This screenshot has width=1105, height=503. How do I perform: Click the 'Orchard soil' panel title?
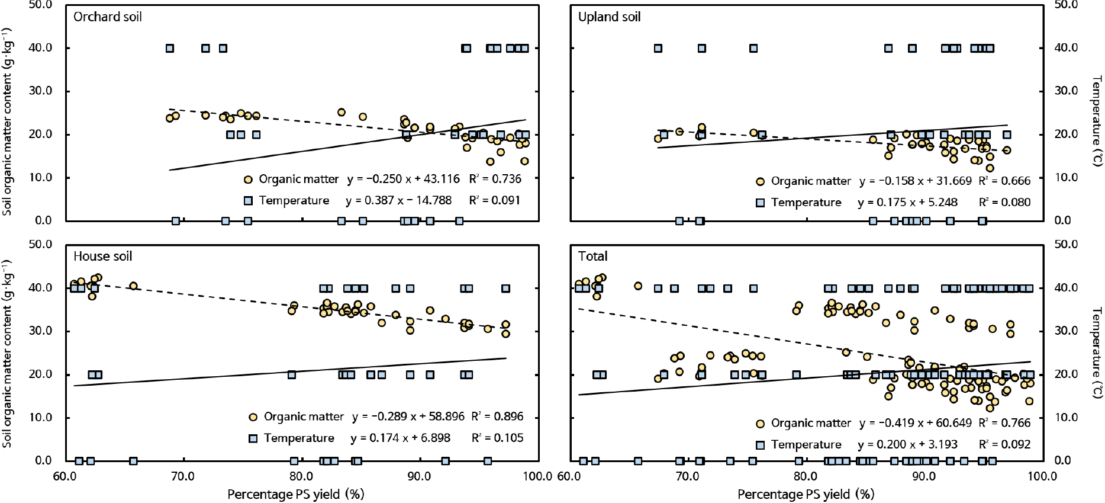pos(107,17)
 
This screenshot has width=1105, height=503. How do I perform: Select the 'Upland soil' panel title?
pos(609,17)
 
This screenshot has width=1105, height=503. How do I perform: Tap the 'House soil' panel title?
pos(102,256)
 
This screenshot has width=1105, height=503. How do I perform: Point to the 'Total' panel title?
pos(592,256)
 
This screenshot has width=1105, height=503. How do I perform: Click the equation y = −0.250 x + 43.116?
pos(400,179)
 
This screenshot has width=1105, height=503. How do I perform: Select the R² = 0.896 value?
pos(497,417)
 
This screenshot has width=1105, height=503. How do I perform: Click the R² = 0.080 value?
pos(1004,202)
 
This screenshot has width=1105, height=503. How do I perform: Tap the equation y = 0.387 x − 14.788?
pos(398,200)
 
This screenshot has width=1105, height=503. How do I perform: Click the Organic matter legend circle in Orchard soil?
pos(248,179)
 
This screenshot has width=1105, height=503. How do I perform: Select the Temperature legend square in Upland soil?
pos(761,203)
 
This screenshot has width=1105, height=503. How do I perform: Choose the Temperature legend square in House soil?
pos(253,438)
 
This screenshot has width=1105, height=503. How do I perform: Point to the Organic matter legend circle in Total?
pos(761,424)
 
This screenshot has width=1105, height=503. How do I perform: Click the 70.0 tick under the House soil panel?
pos(183,475)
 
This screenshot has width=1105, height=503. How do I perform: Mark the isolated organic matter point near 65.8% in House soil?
pos(133,286)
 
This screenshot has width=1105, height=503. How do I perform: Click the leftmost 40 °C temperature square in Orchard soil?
pos(170,48)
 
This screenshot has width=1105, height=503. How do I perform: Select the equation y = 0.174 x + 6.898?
pos(400,438)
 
